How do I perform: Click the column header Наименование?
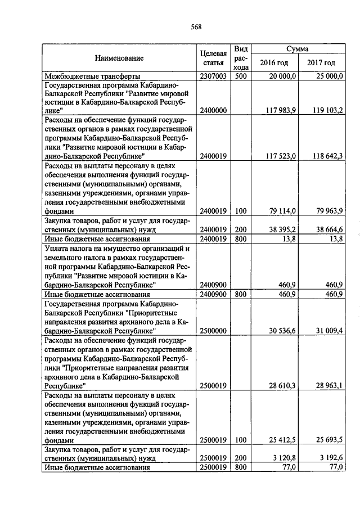pyautogui.click(x=119, y=58)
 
